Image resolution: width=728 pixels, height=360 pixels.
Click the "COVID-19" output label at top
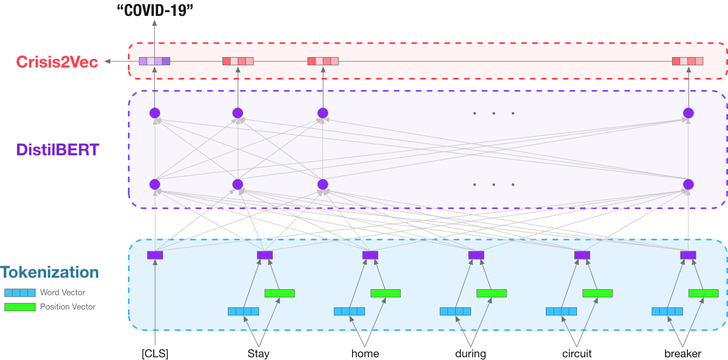pyautogui.click(x=155, y=10)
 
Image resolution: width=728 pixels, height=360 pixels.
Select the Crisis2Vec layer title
pyautogui.click(x=57, y=62)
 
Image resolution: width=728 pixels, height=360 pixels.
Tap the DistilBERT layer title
pyautogui.click(x=58, y=149)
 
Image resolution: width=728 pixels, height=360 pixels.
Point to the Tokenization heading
pyautogui.click(x=49, y=272)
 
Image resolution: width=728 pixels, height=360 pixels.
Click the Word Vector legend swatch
pyautogui.click(x=20, y=292)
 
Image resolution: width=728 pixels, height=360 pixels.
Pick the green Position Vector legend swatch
pyautogui.click(x=20, y=307)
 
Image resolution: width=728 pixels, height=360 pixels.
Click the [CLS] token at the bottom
pyautogui.click(x=155, y=353)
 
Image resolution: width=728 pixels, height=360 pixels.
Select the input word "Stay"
pyautogui.click(x=259, y=353)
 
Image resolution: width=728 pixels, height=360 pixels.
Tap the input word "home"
pyautogui.click(x=365, y=353)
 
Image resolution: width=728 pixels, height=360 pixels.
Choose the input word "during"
pyautogui.click(x=471, y=353)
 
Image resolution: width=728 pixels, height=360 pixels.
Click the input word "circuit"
pyautogui.click(x=577, y=353)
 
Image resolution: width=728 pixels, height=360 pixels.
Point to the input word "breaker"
pyautogui.click(x=682, y=353)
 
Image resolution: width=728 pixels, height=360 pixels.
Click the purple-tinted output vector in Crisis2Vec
pyautogui.click(x=154, y=61)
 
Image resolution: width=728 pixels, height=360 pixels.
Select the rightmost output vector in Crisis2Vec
pyautogui.click(x=687, y=61)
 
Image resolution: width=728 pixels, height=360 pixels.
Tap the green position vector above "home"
pyautogui.click(x=385, y=294)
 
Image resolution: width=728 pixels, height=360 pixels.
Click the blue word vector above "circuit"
pyautogui.click(x=561, y=312)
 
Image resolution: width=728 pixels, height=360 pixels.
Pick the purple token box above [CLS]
pyautogui.click(x=155, y=255)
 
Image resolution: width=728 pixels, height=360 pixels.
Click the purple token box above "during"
pyautogui.click(x=476, y=255)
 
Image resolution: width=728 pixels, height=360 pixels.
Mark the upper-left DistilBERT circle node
pyautogui.click(x=155, y=113)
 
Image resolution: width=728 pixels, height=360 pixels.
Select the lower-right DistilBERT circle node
pyautogui.click(x=688, y=184)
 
